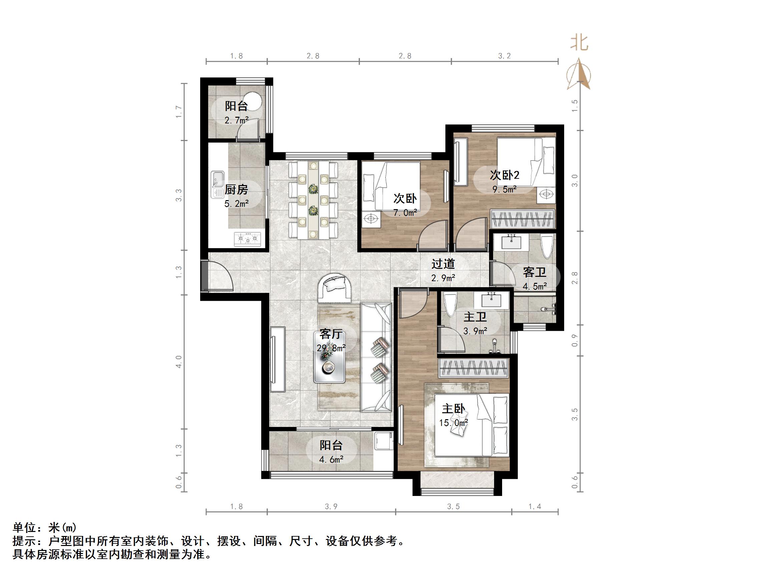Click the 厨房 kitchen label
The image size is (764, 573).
[236, 189]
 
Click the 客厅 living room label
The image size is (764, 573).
[331, 334]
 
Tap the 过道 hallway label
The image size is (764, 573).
[443, 264]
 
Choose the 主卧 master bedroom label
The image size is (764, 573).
[453, 409]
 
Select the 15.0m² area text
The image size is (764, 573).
[453, 423]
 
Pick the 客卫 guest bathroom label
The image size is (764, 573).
[535, 272]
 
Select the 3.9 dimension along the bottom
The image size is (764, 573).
[331, 507]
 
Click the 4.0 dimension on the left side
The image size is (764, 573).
[179, 362]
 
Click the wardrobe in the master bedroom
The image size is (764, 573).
[473, 369]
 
